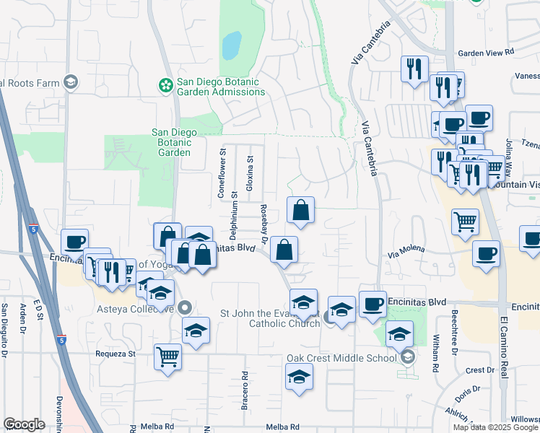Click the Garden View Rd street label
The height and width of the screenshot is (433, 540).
485,53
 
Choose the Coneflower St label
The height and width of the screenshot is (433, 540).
222,173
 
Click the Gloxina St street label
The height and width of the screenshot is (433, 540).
251,174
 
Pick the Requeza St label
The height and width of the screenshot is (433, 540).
116,354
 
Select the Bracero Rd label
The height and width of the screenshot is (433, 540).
245,386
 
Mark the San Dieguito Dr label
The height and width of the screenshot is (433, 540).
4,328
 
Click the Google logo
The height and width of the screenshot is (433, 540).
24,424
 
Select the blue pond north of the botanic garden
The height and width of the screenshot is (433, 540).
231,46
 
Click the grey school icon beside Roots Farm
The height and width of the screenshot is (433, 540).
71,83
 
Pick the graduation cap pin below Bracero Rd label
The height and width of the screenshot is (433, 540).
299,376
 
